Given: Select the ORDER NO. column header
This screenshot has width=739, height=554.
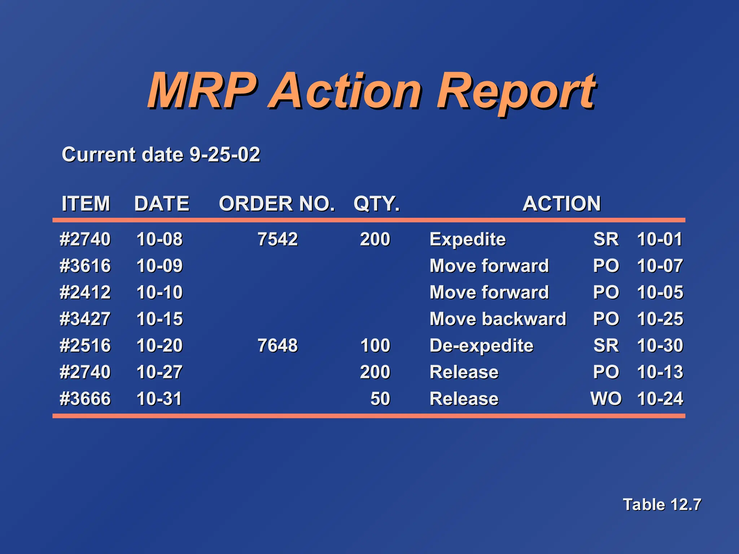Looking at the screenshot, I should (x=277, y=203).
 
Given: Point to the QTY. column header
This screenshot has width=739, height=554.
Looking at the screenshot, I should (x=377, y=203).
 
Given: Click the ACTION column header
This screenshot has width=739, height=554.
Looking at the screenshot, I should (x=561, y=203).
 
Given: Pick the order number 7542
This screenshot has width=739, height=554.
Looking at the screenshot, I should (x=277, y=239).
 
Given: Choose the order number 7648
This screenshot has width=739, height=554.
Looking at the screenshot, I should (x=277, y=345).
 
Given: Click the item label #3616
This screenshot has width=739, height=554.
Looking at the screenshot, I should (x=85, y=266).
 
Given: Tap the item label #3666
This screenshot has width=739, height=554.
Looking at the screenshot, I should (x=85, y=399).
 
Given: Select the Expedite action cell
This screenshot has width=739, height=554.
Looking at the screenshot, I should (x=468, y=239).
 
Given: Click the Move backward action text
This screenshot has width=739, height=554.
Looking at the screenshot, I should (x=498, y=319).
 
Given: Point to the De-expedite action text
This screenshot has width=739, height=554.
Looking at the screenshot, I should (x=481, y=346).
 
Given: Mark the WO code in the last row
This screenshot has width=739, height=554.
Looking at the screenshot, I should (x=606, y=399).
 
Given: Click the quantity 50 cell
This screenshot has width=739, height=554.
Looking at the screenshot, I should (x=380, y=399).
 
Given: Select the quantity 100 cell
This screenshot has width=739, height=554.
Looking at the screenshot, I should (x=375, y=345).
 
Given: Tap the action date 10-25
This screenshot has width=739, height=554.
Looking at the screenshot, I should (x=660, y=319).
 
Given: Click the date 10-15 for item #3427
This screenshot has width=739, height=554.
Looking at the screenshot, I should (x=159, y=319).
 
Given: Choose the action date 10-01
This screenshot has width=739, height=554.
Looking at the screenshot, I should (x=660, y=239).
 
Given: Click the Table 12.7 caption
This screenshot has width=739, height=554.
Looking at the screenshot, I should (x=662, y=504).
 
